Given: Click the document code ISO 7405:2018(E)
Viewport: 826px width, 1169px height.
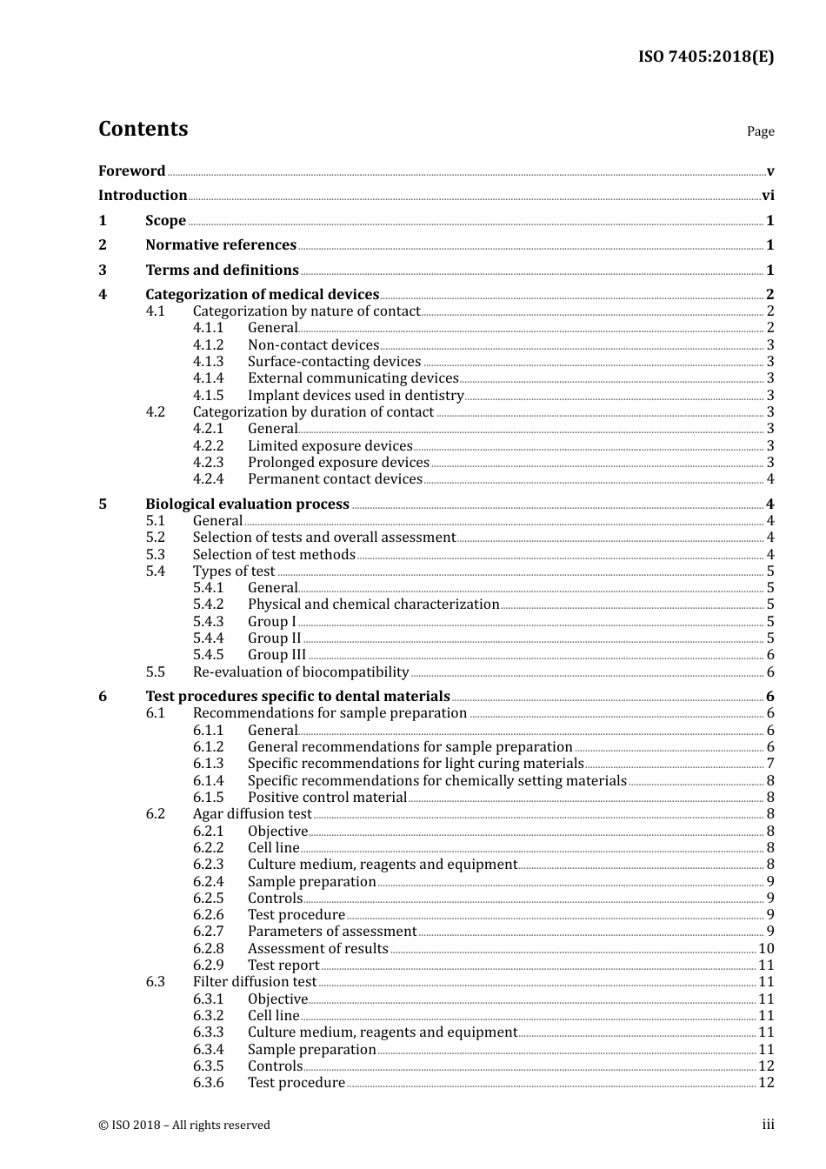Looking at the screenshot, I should coord(706,57).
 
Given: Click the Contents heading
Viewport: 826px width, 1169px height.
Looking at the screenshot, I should coord(143,129).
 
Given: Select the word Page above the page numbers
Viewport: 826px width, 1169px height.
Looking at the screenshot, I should coord(760,131).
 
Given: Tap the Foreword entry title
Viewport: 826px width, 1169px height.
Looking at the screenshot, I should coord(131,171).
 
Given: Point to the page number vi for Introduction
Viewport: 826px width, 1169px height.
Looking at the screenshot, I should coord(768,196).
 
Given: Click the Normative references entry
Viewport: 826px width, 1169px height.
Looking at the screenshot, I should coord(221,245).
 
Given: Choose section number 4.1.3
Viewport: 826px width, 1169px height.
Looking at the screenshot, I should coord(208,362).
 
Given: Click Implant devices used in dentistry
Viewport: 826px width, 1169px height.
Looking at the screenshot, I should coord(356,396).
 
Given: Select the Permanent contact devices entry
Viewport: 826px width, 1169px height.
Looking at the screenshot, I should coord(335,479).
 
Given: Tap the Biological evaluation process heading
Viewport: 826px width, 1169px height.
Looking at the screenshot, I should coord(247,504).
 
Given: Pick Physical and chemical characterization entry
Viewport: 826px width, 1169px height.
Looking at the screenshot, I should coord(373,605).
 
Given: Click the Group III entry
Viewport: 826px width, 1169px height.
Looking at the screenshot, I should coord(276,655).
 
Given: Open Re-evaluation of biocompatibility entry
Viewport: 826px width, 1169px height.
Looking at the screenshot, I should coord(301,672).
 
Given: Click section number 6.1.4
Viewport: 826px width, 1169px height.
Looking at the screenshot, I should coord(208,781).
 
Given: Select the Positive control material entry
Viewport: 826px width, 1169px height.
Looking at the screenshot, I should coord(327,798).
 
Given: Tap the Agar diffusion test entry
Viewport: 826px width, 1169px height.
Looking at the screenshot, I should coord(252,814).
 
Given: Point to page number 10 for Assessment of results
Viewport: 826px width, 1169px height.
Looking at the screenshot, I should coord(766,949).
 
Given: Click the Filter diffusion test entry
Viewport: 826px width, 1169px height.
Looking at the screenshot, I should coord(255,982).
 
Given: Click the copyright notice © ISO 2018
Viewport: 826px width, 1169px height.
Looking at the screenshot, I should coord(184,1126).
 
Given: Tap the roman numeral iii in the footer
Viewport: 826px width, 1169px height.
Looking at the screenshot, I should coord(768,1125).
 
